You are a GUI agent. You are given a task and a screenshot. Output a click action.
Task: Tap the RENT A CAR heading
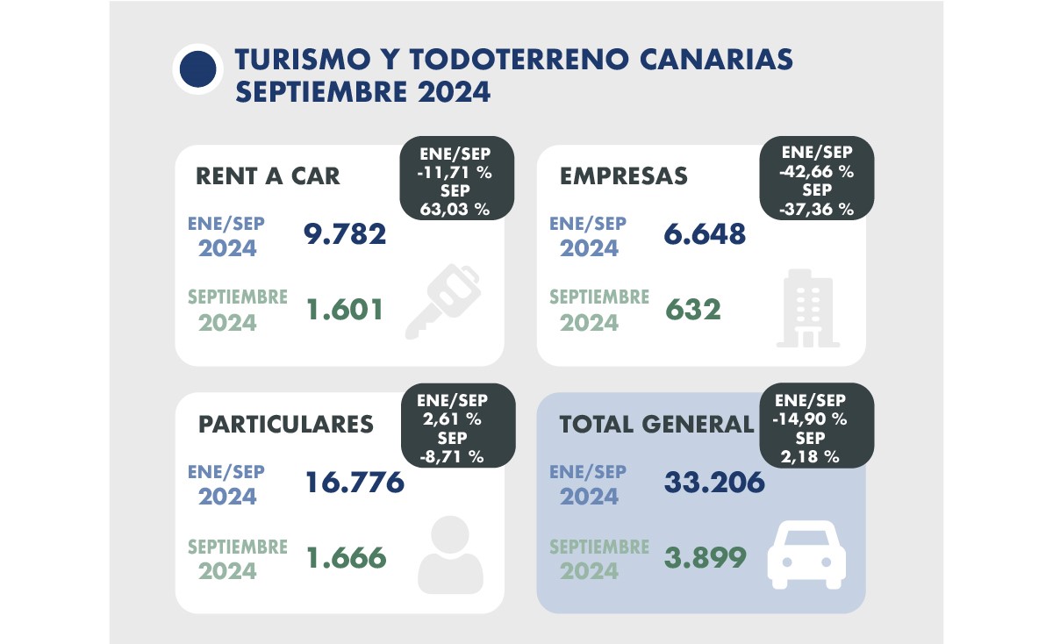tap(267, 175)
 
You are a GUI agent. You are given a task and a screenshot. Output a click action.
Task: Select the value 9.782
tap(345, 234)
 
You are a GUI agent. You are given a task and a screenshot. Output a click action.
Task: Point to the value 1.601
tap(345, 309)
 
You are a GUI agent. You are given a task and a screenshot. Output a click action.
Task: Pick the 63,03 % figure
tap(456, 209)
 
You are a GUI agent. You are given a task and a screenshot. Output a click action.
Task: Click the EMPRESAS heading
tap(623, 175)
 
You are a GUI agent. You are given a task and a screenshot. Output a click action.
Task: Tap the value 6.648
tap(706, 234)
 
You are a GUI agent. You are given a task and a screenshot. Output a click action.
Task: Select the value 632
tap(693, 309)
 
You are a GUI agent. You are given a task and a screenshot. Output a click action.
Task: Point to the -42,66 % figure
tap(817, 171)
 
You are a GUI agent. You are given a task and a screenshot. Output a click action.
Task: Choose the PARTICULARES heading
tap(286, 424)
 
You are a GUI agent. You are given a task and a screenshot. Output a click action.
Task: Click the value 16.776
tap(355, 482)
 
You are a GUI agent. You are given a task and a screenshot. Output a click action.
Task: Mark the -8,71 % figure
tap(456, 456)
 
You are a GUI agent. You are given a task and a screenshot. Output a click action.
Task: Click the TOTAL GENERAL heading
tap(656, 424)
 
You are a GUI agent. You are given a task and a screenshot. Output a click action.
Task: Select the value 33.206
tap(715, 482)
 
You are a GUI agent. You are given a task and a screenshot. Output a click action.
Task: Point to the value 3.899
tap(706, 557)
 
